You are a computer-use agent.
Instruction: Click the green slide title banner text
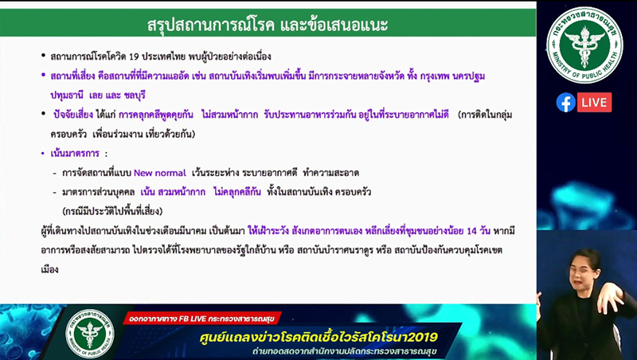(268, 24)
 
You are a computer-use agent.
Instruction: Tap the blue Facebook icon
(565, 103)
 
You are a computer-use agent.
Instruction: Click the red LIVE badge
(594, 103)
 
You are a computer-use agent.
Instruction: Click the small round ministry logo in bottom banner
(89, 333)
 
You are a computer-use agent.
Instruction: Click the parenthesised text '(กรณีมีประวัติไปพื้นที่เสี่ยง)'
(111, 211)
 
